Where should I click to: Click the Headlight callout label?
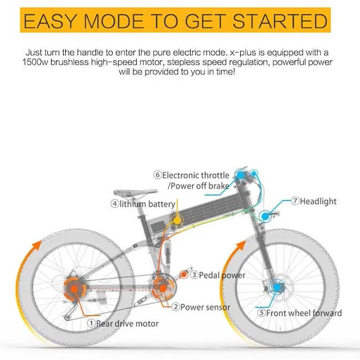(320, 200)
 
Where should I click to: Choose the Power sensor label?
(206, 307)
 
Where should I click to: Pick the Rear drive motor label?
(127, 323)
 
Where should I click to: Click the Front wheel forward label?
(304, 313)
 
